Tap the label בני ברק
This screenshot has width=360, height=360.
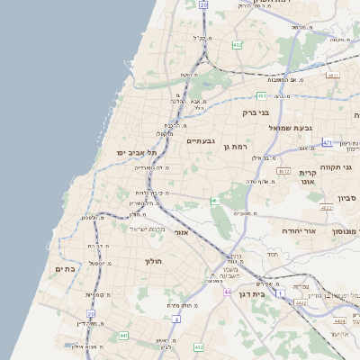[256, 113]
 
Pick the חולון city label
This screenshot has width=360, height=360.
[152, 261]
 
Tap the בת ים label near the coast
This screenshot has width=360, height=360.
[63, 268]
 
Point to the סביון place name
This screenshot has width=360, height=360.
[347, 198]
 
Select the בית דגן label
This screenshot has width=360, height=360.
[256, 293]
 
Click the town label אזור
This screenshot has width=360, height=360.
[202, 232]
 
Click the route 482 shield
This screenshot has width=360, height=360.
[237, 45]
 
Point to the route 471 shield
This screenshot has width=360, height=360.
[327, 142]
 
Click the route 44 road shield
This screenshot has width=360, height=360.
[228, 292]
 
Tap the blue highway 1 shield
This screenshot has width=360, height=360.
[280, 293]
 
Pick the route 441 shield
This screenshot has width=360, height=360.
[123, 335]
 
